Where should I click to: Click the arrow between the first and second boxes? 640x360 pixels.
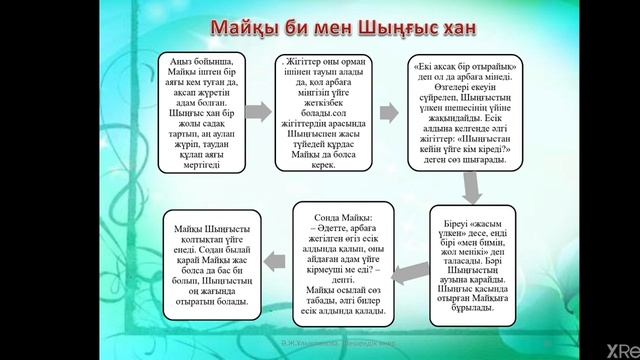(257, 111)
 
